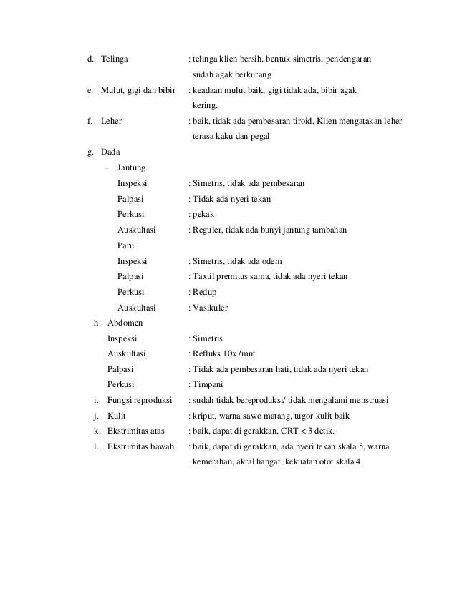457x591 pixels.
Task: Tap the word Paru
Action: click(126, 245)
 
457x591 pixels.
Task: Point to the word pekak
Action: click(203, 215)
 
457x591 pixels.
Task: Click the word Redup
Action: click(203, 292)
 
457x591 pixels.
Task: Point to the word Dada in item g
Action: click(111, 152)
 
